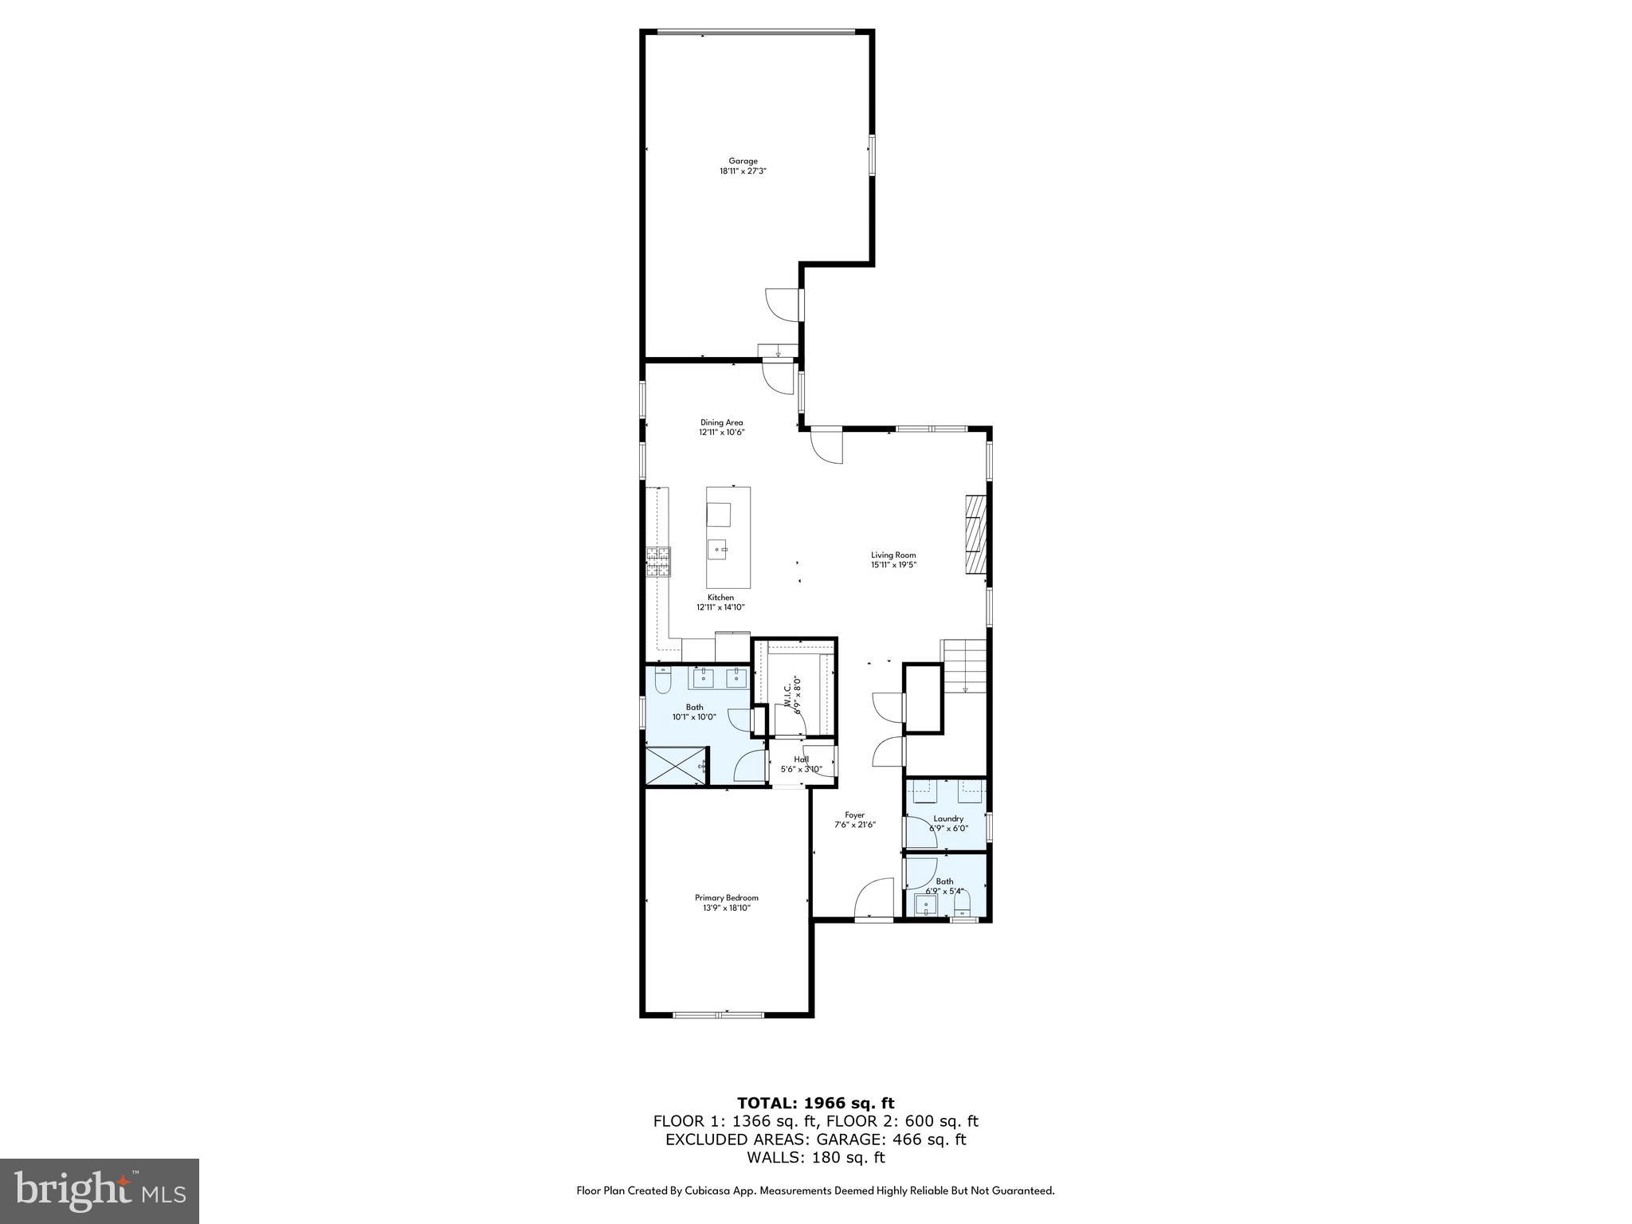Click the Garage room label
(x=743, y=161)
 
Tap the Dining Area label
(x=721, y=422)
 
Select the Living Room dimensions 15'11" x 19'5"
(x=893, y=565)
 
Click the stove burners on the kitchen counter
(x=658, y=561)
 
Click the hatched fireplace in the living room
(x=976, y=533)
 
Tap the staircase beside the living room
(x=965, y=665)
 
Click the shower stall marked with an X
(x=676, y=766)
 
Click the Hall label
(x=801, y=759)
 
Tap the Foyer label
(x=854, y=815)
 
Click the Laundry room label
(x=948, y=818)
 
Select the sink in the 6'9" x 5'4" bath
(x=926, y=904)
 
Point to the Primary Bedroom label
(x=726, y=897)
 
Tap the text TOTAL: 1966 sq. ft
(x=815, y=1103)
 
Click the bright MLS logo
(x=100, y=1191)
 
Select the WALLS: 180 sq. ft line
(x=815, y=1157)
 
